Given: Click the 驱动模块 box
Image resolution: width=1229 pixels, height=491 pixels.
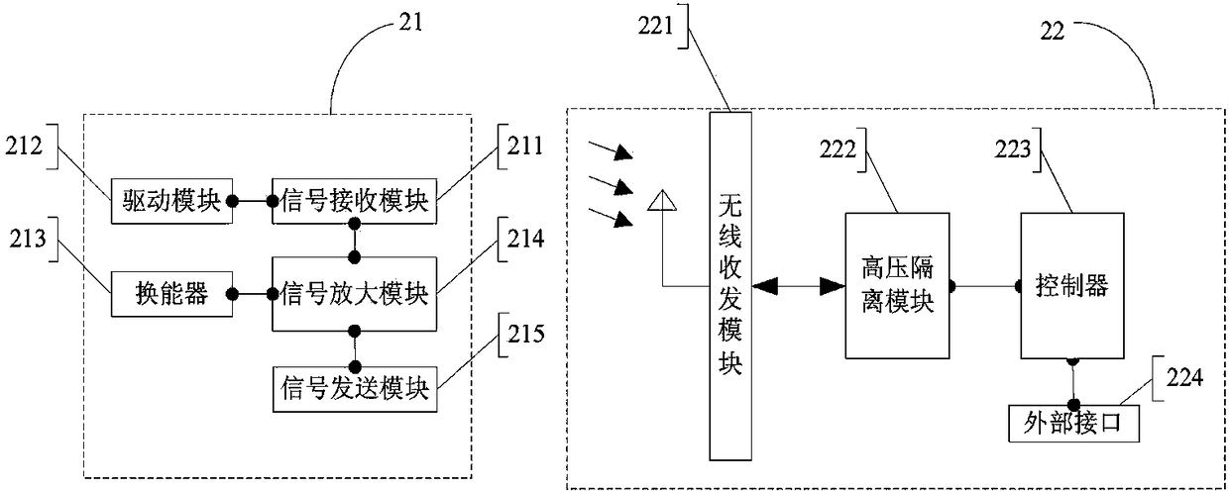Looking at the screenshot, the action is pyautogui.click(x=171, y=201).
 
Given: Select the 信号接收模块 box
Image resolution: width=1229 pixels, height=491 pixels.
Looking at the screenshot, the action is pyautogui.click(x=355, y=201).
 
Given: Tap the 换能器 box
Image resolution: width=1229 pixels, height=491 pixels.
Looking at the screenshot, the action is pyautogui.click(x=171, y=294).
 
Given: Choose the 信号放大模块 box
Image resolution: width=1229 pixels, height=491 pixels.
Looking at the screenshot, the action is pyautogui.click(x=355, y=294).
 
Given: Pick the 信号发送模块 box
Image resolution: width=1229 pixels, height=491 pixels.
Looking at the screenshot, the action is pyautogui.click(x=355, y=389).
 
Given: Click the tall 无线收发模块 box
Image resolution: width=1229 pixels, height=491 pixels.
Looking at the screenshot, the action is pyautogui.click(x=730, y=286).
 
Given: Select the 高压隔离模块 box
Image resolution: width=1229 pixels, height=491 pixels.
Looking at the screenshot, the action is pyautogui.click(x=897, y=285).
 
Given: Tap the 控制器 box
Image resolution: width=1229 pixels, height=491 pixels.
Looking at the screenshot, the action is pyautogui.click(x=1072, y=285).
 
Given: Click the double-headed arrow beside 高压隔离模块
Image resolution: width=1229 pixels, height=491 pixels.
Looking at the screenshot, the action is pyautogui.click(x=798, y=286).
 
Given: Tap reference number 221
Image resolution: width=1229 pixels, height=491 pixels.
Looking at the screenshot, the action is pyautogui.click(x=655, y=26).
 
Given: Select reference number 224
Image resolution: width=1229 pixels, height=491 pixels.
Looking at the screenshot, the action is pyautogui.click(x=1184, y=377).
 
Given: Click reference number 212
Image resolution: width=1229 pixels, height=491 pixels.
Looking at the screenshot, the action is pyautogui.click(x=24, y=146).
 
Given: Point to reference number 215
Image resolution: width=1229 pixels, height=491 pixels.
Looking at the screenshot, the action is pyautogui.click(x=525, y=334).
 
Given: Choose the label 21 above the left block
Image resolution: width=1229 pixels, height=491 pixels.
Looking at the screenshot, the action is pyautogui.click(x=410, y=23).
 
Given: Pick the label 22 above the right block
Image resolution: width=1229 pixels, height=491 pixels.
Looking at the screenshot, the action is pyautogui.click(x=1053, y=32).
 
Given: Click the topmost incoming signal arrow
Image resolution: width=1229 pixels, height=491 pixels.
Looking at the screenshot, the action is pyautogui.click(x=611, y=150).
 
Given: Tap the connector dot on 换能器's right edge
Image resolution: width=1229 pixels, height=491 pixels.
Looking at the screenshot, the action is pyautogui.click(x=232, y=294).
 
